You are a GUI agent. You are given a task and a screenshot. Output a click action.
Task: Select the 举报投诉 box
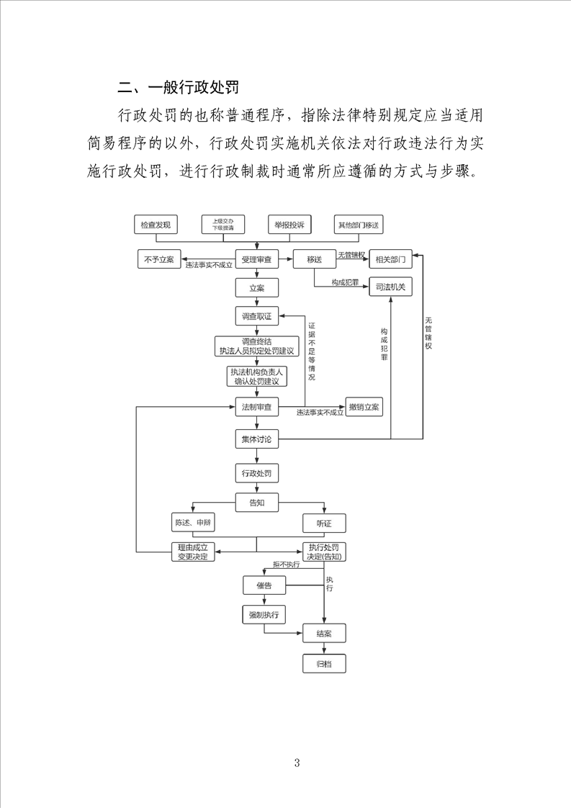point(289,225)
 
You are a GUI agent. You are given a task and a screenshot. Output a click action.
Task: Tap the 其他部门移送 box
point(358,225)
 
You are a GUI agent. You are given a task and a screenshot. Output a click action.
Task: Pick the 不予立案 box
point(159,259)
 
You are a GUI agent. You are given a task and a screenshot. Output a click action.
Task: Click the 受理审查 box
point(257,259)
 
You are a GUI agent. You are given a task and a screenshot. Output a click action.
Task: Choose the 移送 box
point(314,259)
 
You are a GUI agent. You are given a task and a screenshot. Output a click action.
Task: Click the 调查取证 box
point(257,316)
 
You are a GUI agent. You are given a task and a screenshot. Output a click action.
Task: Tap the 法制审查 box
point(257,407)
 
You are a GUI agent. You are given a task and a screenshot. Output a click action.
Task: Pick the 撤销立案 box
point(365,407)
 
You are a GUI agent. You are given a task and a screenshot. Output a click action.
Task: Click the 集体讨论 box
point(257,439)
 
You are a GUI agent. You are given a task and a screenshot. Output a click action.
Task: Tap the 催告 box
point(264,585)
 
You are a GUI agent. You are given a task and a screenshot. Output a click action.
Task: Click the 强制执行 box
point(264,614)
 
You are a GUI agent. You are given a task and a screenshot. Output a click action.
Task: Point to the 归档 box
point(324,663)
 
